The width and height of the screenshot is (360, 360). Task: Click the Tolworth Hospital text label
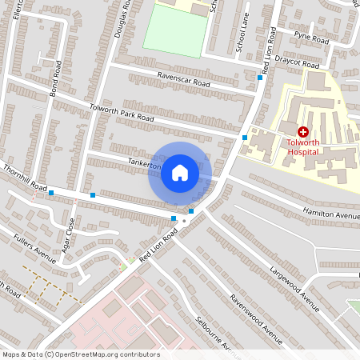303,146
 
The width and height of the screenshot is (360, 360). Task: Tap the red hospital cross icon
303,131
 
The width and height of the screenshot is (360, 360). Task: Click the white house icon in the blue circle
180,173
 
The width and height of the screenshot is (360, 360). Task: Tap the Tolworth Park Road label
122,114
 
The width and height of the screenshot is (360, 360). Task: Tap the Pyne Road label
311,38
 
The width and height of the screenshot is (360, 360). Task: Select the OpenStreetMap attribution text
81,354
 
